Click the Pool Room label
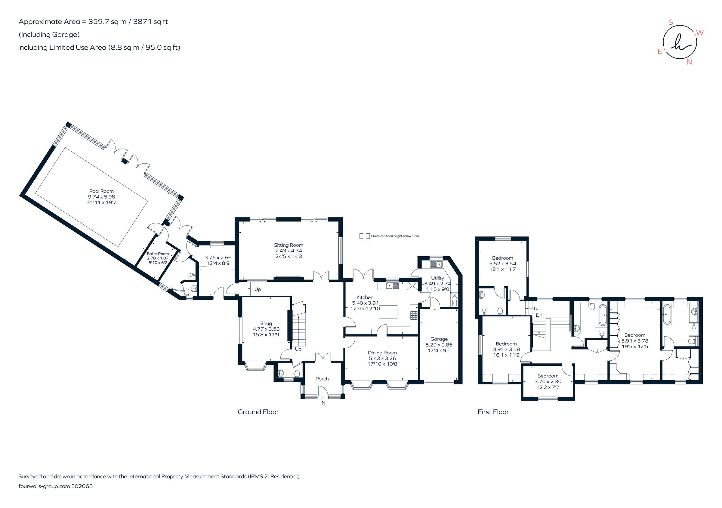[x=101, y=191]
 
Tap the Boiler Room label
[x=158, y=254]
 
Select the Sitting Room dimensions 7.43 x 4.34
[x=288, y=251]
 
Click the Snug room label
[x=266, y=323]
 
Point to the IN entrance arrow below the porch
[x=322, y=398]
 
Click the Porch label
[x=322, y=379]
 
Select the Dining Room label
[x=382, y=353]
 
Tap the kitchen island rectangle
[x=388, y=312]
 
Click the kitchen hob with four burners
[x=414, y=315]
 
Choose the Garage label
[x=439, y=339]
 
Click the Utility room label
[x=437, y=278]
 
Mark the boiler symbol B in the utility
[x=454, y=303]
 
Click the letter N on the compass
[x=689, y=62]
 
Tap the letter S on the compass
[x=671, y=22]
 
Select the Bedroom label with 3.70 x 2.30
[x=548, y=376]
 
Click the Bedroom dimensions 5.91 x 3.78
[x=634, y=341]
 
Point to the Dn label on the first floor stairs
[x=539, y=315]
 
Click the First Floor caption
[x=493, y=412]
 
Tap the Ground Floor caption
[x=258, y=412]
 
